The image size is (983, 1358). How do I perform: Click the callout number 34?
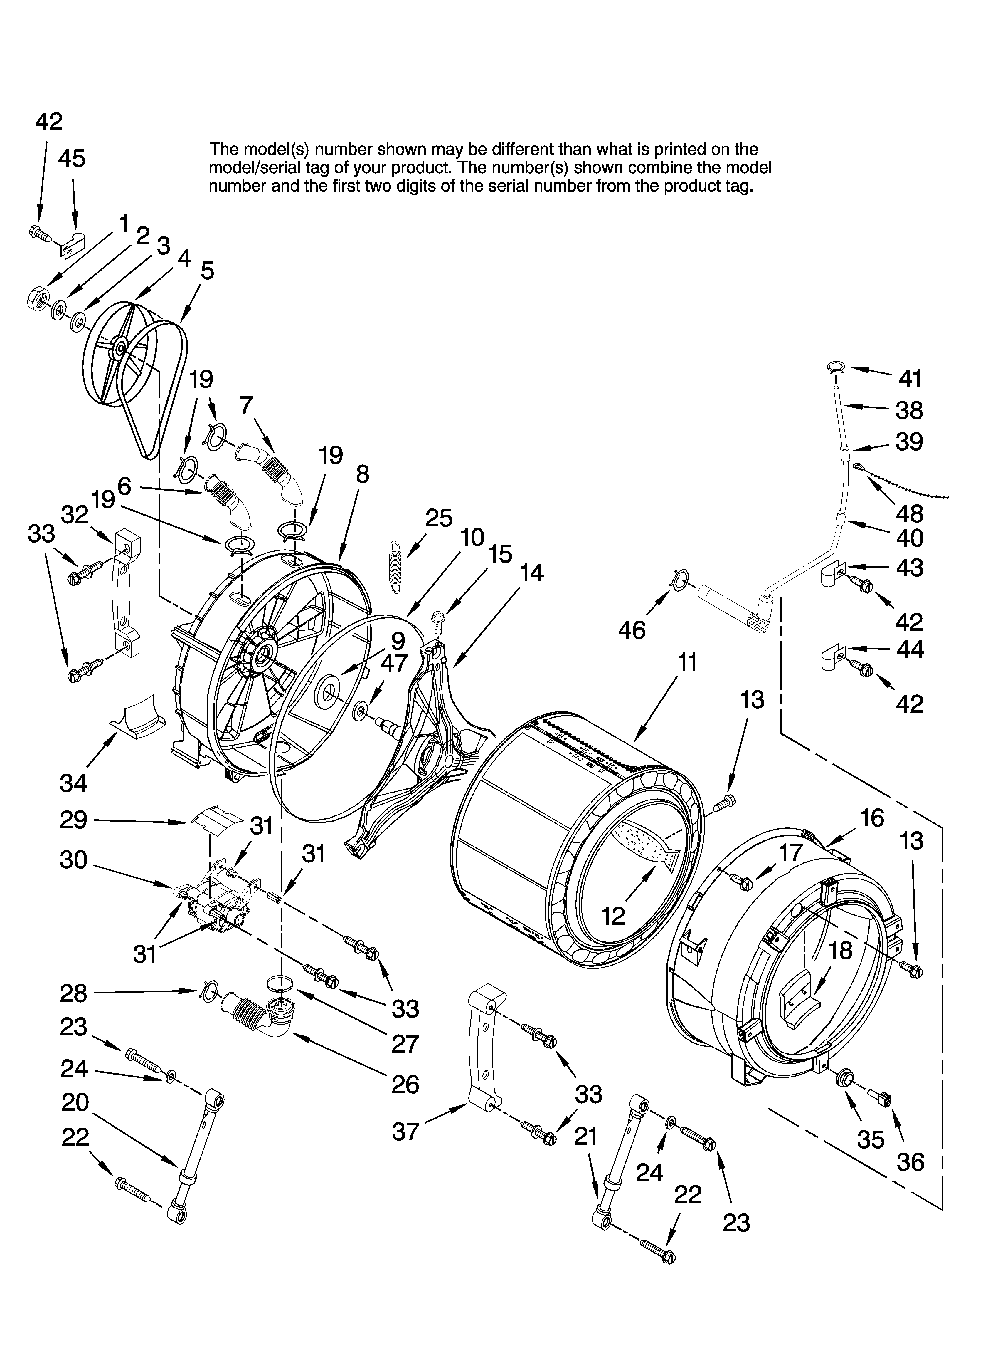[x=74, y=783]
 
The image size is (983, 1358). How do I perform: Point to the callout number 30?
[x=74, y=860]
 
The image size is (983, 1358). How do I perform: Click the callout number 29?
[x=74, y=820]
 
